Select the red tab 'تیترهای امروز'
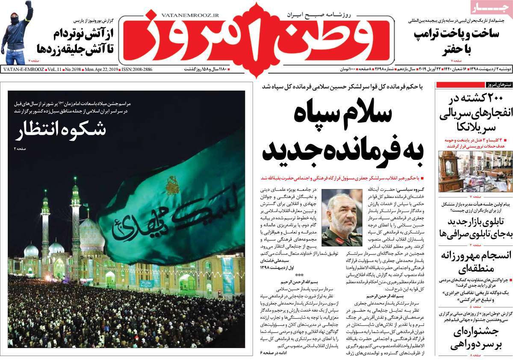tap(496, 84)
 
